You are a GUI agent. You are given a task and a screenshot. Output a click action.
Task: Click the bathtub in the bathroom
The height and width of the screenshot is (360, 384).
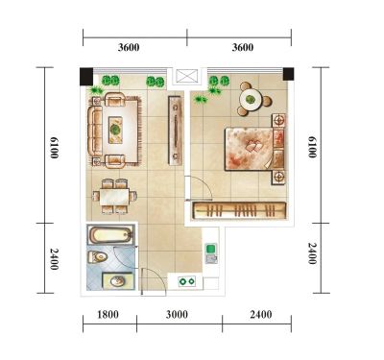(x=110, y=234)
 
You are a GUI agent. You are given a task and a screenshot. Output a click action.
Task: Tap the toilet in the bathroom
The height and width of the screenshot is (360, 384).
(x=97, y=257)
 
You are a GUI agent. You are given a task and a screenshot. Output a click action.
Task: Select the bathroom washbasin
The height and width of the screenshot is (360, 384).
(x=117, y=281)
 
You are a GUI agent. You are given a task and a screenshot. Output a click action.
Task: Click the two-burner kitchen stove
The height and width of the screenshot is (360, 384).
(x=187, y=281)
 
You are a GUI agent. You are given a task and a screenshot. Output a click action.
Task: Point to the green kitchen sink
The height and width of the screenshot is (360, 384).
(x=211, y=249)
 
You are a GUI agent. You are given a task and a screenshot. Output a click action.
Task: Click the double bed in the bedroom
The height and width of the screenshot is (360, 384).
(x=254, y=149)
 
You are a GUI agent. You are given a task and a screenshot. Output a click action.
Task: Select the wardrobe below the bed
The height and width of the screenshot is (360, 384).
(x=239, y=211)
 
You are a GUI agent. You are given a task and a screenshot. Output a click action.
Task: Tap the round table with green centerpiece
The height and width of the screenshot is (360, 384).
(x=252, y=100)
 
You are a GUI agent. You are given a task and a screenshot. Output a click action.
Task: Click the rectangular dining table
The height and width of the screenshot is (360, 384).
(x=114, y=197)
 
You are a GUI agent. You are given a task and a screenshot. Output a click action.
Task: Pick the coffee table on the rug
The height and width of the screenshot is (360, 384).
(x=115, y=130)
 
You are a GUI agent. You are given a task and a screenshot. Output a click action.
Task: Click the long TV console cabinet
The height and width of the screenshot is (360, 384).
(x=176, y=131)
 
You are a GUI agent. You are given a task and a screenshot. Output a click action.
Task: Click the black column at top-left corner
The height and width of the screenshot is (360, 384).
(x=86, y=77)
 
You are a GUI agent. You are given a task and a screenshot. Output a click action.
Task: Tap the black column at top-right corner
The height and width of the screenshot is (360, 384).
(x=288, y=74)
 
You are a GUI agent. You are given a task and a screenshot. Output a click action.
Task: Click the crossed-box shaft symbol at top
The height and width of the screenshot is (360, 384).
(x=187, y=77)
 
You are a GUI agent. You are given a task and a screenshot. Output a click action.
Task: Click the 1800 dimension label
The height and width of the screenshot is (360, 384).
(x=108, y=315)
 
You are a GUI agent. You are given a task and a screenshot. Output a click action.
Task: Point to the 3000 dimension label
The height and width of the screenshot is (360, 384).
(x=177, y=315)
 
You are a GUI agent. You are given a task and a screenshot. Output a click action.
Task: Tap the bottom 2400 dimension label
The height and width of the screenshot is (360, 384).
(x=261, y=315)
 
